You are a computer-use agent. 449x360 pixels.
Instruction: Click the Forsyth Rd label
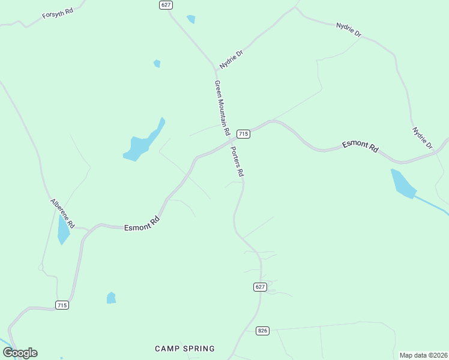[x=58, y=13]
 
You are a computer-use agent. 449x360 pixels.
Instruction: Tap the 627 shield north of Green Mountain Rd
[x=166, y=5]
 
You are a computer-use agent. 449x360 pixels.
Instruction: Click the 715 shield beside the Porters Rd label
[x=243, y=133]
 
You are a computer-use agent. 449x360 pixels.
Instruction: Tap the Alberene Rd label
[x=62, y=213]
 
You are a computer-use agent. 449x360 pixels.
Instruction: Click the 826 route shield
[x=262, y=331]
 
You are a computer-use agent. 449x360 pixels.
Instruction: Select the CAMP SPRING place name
[x=184, y=349]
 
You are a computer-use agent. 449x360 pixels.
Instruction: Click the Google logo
[x=20, y=353]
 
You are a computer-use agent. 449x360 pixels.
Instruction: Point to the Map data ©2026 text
[x=423, y=355]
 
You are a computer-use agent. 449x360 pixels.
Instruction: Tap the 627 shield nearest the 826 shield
[x=259, y=287]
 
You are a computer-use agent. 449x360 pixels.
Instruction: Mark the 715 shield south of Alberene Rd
[x=62, y=305]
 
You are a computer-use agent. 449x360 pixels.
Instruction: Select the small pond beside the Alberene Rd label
[x=63, y=230]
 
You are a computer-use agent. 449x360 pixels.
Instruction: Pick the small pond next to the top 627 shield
[x=191, y=19]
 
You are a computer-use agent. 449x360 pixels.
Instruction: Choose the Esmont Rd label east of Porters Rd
[x=360, y=147]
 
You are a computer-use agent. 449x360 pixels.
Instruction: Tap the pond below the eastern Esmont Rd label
[x=402, y=184]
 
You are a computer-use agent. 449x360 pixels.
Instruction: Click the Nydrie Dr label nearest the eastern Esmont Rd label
[x=422, y=138]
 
